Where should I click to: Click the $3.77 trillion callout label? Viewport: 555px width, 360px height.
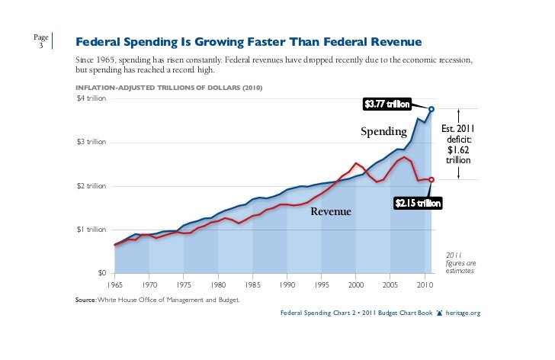[387, 104]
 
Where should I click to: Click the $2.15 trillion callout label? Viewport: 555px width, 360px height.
[417, 203]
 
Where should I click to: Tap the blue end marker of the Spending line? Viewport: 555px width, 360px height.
[431, 109]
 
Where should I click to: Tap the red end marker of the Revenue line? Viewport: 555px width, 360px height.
[431, 180]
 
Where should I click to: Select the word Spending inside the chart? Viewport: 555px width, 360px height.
[383, 133]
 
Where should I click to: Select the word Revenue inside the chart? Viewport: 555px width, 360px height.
[330, 211]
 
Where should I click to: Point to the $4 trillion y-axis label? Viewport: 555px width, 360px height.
[90, 98]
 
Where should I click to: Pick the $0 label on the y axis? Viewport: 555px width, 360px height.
[100, 273]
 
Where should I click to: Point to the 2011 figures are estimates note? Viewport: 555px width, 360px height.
[458, 263]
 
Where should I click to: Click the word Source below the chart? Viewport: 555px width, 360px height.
[85, 300]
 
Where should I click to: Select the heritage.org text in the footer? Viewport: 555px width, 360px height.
[464, 313]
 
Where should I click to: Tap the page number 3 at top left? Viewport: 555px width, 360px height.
[40, 45]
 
